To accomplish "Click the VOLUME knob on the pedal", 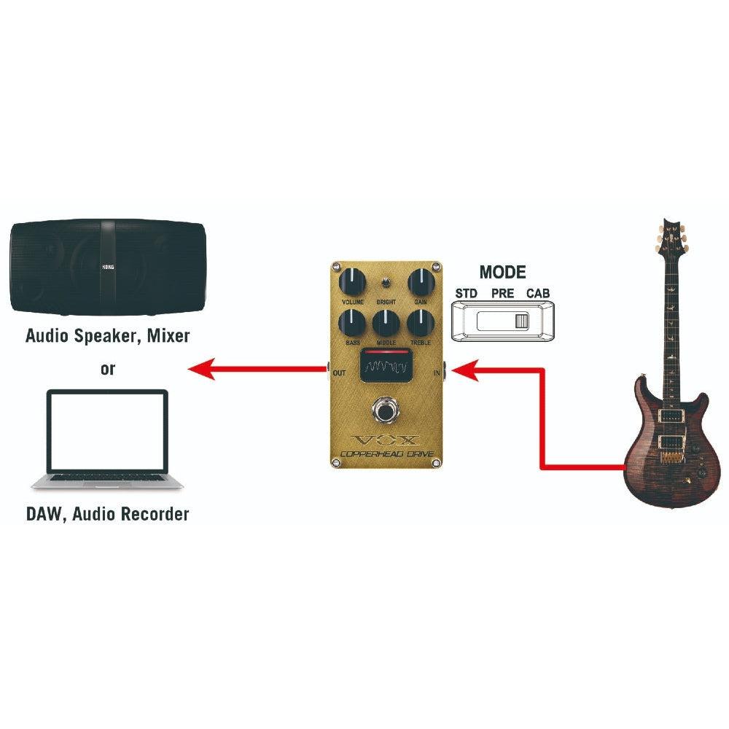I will pyautogui.click(x=352, y=280).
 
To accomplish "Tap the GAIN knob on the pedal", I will pyautogui.click(x=419, y=280).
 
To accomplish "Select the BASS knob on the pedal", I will pyautogui.click(x=352, y=321).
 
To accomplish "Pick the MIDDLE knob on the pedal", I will pyautogui.click(x=386, y=321).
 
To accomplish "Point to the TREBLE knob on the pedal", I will pyautogui.click(x=419, y=321).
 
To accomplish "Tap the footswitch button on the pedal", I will pyautogui.click(x=385, y=410).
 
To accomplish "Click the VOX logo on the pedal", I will pyautogui.click(x=386, y=440).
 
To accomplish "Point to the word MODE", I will pyautogui.click(x=502, y=273).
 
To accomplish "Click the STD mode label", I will pyautogui.click(x=466, y=294).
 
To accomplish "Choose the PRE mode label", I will pyautogui.click(x=502, y=294).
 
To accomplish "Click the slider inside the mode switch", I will pyautogui.click(x=520, y=321).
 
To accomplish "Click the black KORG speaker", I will pyautogui.click(x=108, y=269).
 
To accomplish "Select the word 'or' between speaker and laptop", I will pyautogui.click(x=108, y=369).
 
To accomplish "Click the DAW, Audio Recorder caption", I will pyautogui.click(x=108, y=514).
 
